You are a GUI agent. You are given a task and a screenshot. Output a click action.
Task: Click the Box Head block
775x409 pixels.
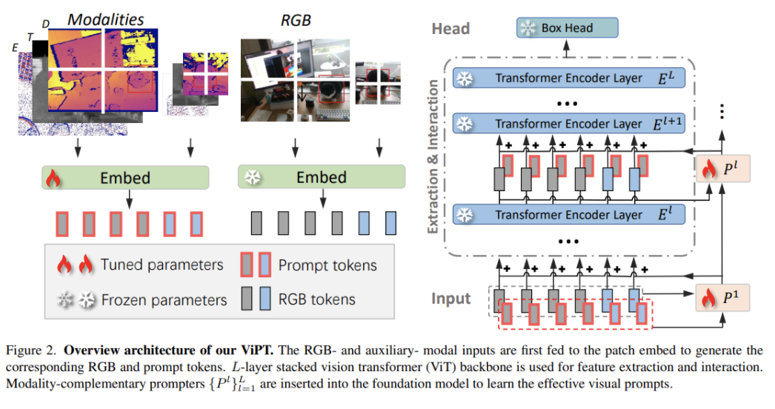566,29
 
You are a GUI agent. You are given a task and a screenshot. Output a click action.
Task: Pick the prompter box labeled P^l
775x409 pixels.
722,169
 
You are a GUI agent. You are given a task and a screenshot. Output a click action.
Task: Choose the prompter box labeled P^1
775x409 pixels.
722,297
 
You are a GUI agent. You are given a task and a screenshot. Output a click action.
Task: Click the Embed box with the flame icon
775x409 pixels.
126,178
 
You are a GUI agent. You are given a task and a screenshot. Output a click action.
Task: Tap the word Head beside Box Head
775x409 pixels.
450,28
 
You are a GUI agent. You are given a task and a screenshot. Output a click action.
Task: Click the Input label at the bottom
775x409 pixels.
451,299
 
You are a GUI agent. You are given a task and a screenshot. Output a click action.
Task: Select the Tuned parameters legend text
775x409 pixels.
162,265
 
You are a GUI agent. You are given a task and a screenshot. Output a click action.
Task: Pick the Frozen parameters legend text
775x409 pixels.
164,300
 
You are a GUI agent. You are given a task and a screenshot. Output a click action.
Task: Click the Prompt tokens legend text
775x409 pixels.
327,265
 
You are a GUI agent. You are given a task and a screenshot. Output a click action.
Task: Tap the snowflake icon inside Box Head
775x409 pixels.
528,29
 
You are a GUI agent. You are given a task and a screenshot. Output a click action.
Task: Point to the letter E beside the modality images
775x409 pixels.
16,47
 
